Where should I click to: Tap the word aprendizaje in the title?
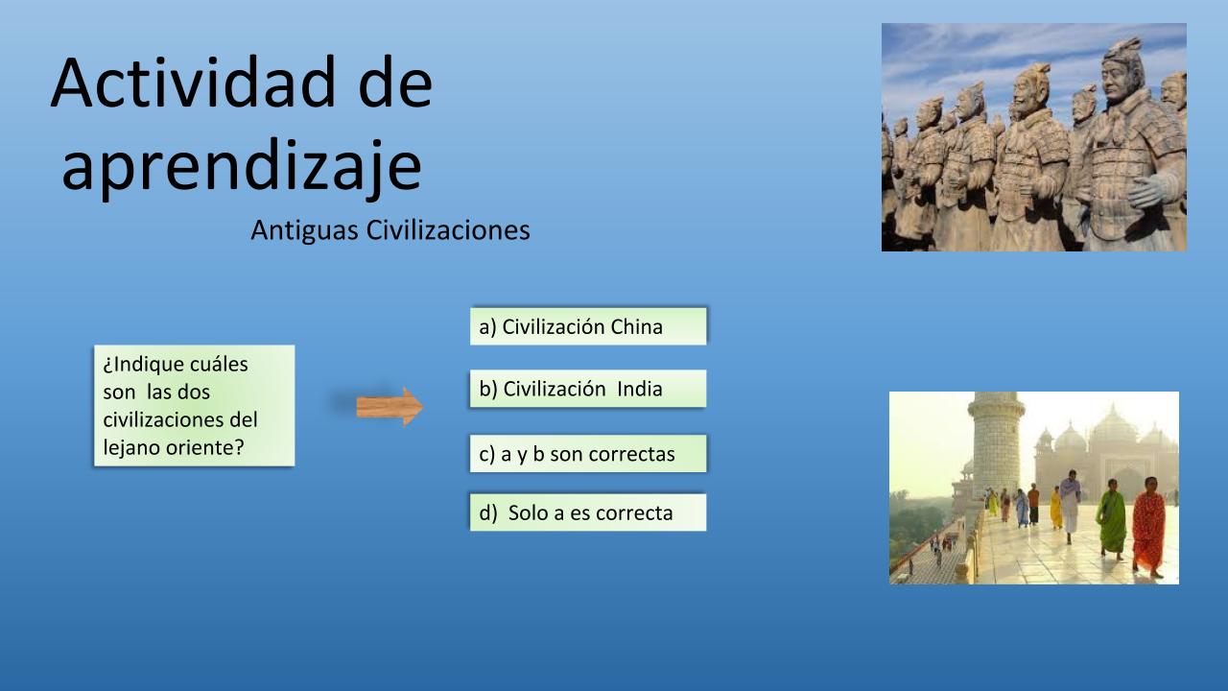click(242, 167)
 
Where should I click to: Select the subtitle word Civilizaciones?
click(448, 230)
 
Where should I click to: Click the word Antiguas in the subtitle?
click(304, 231)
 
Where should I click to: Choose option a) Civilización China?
click(588, 326)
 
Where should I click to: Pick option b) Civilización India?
click(588, 389)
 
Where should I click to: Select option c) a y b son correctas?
click(588, 454)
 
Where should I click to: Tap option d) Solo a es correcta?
click(588, 512)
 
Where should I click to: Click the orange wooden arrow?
click(390, 407)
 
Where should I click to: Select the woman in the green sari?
click(1111, 519)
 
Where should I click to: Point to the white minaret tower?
click(995, 444)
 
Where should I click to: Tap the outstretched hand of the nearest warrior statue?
click(1151, 189)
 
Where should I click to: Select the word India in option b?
click(639, 389)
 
